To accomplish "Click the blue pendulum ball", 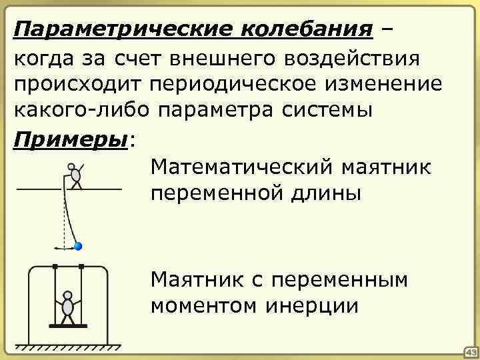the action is click(78, 247).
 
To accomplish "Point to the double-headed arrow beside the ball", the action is click(64, 247).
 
